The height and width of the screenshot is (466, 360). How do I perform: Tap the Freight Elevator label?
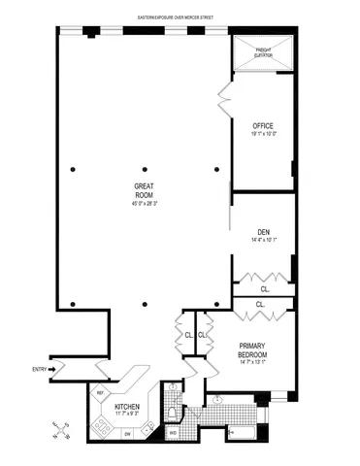(x=264, y=53)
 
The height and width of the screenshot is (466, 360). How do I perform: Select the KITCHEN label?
(x=127, y=406)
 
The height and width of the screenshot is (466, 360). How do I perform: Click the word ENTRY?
(x=39, y=369)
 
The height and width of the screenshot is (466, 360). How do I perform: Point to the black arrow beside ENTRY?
(x=55, y=369)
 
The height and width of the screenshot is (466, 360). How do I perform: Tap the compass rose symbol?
(x=59, y=427)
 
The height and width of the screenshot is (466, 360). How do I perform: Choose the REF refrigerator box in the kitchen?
(x=100, y=393)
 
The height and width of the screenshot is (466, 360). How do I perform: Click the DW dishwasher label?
(x=126, y=433)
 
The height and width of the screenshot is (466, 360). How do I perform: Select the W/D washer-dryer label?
(x=173, y=433)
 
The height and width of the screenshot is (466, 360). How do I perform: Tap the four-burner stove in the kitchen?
(x=101, y=424)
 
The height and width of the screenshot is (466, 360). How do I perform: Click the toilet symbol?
(x=173, y=412)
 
